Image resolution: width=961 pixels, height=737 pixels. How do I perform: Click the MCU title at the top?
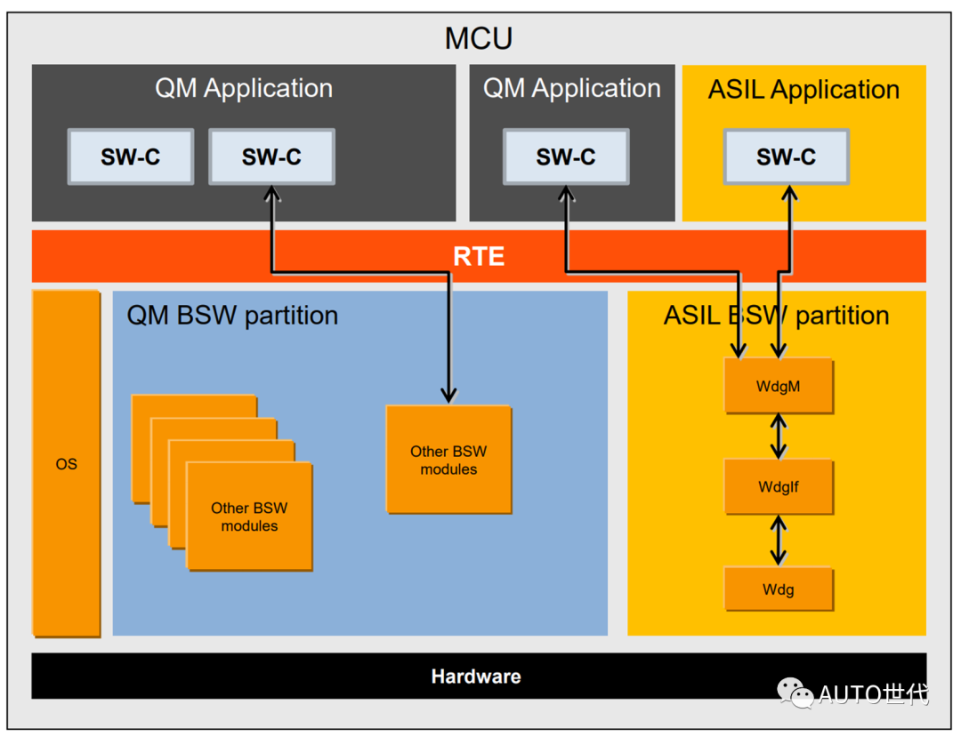click(479, 39)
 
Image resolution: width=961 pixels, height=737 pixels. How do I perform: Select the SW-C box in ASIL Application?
click(786, 157)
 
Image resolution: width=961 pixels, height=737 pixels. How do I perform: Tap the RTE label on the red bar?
click(479, 257)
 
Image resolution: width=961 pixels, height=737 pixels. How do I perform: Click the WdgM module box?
click(779, 387)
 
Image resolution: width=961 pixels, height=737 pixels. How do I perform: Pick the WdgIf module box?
click(779, 487)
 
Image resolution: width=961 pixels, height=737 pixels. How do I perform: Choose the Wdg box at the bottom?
click(779, 589)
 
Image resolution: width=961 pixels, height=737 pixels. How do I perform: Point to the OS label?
click(67, 464)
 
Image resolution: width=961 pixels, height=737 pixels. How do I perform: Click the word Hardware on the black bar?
click(476, 677)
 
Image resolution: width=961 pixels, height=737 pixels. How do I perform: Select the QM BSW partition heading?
click(232, 316)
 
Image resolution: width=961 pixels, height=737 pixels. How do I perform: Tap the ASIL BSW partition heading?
click(776, 316)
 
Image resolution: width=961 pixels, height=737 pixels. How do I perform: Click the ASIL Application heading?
click(804, 90)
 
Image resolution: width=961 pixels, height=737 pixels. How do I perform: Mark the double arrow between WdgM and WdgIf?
click(779, 437)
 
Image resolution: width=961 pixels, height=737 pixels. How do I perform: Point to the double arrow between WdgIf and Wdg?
click(779, 539)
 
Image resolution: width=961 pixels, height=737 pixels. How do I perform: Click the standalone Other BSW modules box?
click(448, 460)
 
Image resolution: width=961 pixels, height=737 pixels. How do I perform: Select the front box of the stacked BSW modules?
click(249, 517)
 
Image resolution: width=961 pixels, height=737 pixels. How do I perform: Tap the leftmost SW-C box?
click(130, 157)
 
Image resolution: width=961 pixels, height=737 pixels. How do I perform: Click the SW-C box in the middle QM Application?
click(566, 157)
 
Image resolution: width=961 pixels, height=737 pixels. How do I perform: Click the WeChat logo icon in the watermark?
click(795, 693)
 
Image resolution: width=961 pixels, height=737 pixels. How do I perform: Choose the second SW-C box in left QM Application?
click(271, 157)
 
